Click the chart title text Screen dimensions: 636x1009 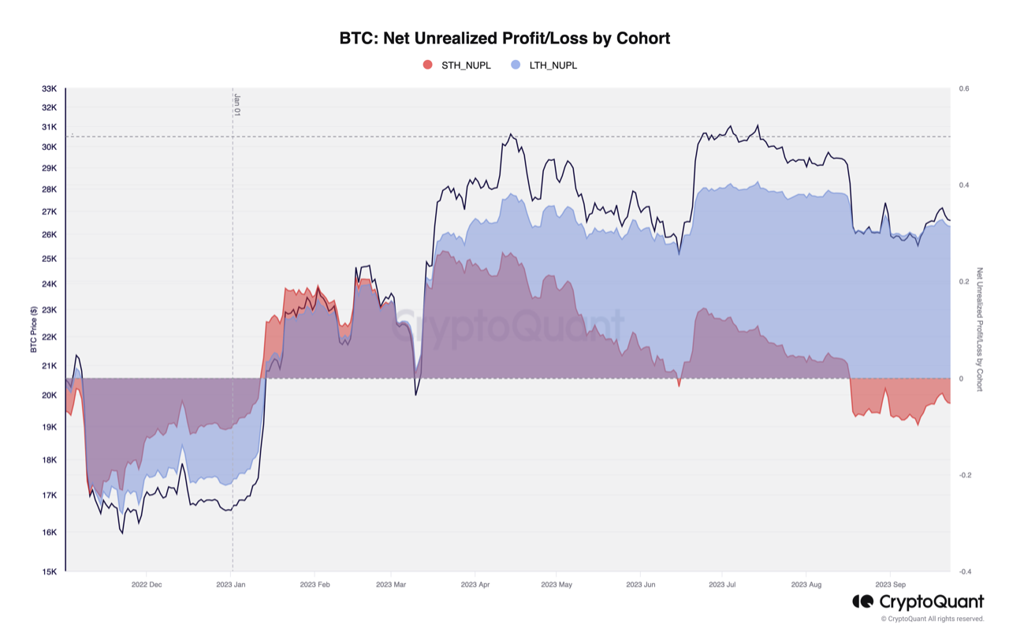click(x=504, y=38)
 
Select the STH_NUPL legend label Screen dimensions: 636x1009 click(x=466, y=65)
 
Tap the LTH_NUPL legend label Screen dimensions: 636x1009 click(x=553, y=65)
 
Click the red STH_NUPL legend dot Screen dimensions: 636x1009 click(x=428, y=65)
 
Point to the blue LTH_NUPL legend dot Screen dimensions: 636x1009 click(x=516, y=65)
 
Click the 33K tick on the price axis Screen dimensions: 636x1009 click(x=49, y=89)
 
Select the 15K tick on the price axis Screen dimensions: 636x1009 click(x=49, y=572)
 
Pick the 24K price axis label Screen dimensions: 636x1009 click(x=49, y=284)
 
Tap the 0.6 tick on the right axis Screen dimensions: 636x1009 click(x=964, y=89)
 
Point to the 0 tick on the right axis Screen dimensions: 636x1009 click(x=961, y=379)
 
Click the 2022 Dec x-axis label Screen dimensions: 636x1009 click(x=146, y=585)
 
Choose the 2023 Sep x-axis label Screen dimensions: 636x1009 click(x=890, y=585)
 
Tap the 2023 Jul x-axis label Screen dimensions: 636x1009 click(x=722, y=585)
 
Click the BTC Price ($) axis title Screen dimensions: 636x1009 click(x=34, y=329)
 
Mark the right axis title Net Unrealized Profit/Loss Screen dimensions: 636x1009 click(x=980, y=329)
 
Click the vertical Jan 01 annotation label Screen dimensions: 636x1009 click(x=236, y=105)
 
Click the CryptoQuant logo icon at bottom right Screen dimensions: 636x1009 click(x=862, y=602)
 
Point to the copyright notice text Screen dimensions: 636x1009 click(x=933, y=619)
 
